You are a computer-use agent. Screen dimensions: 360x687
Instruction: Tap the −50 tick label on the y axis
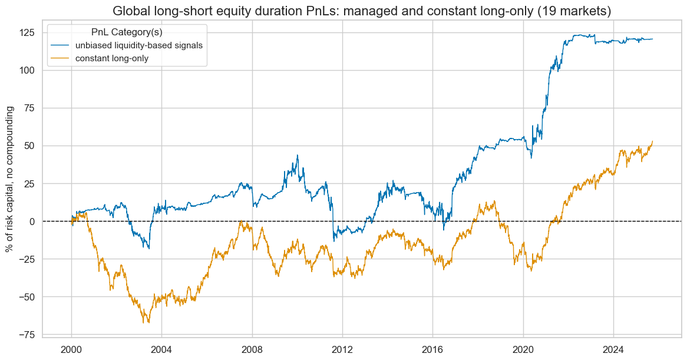[25, 297]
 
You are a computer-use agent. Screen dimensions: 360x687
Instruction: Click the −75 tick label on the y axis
[25, 335]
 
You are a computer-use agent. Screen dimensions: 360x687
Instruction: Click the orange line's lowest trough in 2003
[143, 322]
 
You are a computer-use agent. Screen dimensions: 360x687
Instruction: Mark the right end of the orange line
[652, 141]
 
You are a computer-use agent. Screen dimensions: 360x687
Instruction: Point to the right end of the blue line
[652, 39]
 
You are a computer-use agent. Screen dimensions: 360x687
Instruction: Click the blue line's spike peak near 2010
[298, 156]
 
